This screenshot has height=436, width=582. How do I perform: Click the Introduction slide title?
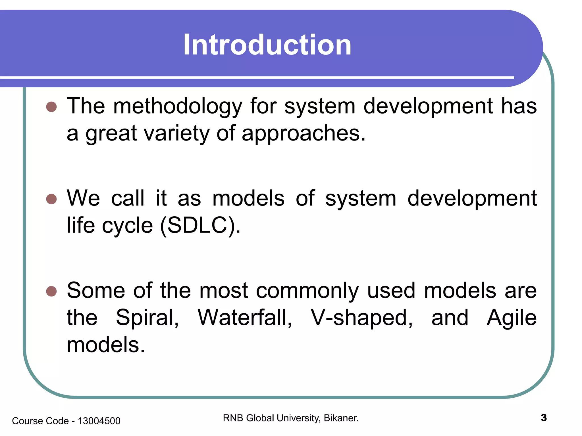click(267, 45)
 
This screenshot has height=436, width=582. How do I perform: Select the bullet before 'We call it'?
click(51, 199)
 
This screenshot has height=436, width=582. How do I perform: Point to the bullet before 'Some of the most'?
click(51, 291)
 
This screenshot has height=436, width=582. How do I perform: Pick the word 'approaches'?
click(303, 133)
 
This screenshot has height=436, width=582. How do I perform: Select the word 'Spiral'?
click(147, 318)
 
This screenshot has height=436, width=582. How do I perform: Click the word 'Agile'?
click(512, 318)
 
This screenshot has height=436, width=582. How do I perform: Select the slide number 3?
click(544, 418)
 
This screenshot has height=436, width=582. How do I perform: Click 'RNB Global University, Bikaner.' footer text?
click(291, 418)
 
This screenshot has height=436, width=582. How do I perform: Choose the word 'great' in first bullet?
click(111, 133)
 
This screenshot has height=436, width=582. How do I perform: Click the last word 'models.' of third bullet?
click(106, 345)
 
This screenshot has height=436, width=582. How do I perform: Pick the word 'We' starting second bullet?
click(83, 198)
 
